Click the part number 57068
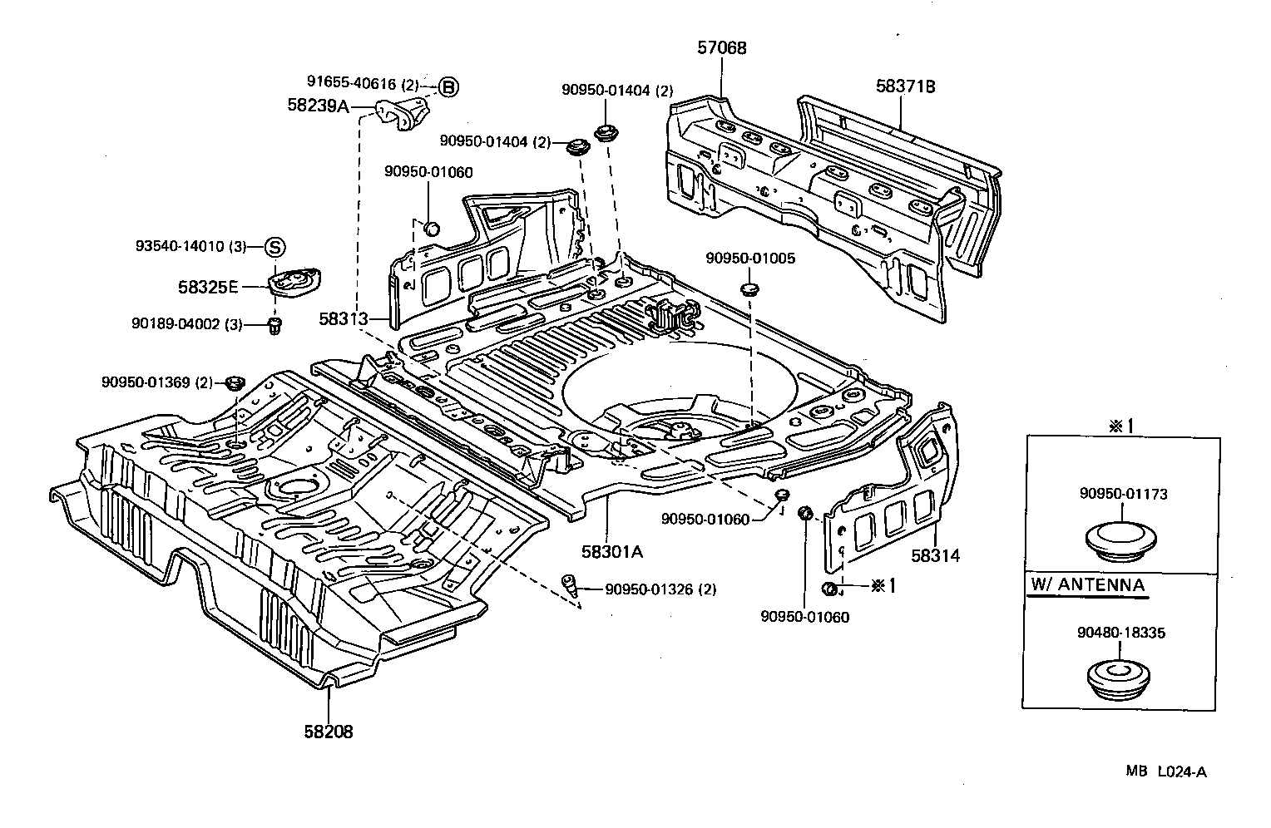pyautogui.click(x=721, y=48)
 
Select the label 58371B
pyautogui.click(x=905, y=86)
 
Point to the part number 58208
pyautogui.click(x=328, y=732)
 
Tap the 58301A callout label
pyautogui.click(x=612, y=550)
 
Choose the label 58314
pyautogui.click(x=935, y=555)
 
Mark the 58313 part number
pyautogui.click(x=343, y=318)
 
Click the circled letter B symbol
pyautogui.click(x=448, y=86)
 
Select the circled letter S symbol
pyautogui.click(x=275, y=247)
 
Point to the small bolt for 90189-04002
pyautogui.click(x=275, y=325)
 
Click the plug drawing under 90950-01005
pyautogui.click(x=749, y=289)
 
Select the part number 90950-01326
pyautogui.click(x=649, y=589)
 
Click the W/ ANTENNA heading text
pyautogui.click(x=1087, y=584)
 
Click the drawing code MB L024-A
pyautogui.click(x=1165, y=771)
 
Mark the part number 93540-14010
pyautogui.click(x=180, y=247)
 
